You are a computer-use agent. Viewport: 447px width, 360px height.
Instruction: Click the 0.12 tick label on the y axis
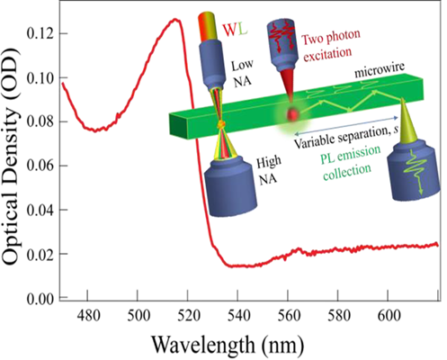pyautogui.click(x=40, y=33)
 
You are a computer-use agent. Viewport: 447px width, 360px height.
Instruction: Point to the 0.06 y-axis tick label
pyautogui.click(x=40, y=166)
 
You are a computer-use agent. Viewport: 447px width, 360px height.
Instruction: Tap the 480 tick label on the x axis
pyautogui.click(x=87, y=315)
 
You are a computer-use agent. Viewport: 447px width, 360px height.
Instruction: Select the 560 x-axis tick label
pyautogui.click(x=288, y=315)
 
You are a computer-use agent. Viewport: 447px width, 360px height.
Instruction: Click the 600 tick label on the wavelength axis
pyautogui.click(x=388, y=315)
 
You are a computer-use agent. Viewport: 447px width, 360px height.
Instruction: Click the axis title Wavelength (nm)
pyautogui.click(x=228, y=345)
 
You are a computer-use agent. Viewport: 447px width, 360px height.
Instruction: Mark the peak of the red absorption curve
pyautogui.click(x=175, y=20)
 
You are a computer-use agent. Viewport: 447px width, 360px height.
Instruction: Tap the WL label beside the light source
pyautogui.click(x=235, y=30)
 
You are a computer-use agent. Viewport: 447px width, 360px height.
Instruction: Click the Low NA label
pyautogui.click(x=242, y=73)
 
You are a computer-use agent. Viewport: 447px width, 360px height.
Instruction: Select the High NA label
pyautogui.click(x=268, y=170)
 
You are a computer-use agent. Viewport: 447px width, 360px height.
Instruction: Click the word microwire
pyautogui.click(x=380, y=70)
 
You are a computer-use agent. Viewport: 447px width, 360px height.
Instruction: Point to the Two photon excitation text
pyautogui.click(x=330, y=46)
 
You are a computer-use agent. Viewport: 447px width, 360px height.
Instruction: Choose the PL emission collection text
pyautogui.click(x=350, y=162)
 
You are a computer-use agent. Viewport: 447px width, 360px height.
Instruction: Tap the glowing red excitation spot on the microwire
pyautogui.click(x=293, y=114)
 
